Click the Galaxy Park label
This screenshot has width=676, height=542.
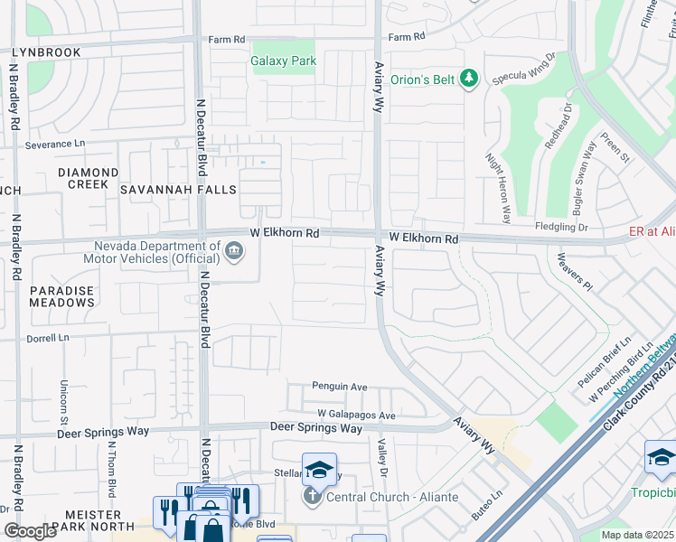click(x=283, y=61)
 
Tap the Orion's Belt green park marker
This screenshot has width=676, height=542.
click(x=468, y=79)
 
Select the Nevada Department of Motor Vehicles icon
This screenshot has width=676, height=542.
click(x=234, y=251)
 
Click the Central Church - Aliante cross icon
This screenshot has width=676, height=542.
click(x=312, y=496)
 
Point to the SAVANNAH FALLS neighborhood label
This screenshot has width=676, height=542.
click(x=178, y=190)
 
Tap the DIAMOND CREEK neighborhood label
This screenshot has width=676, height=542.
click(x=88, y=178)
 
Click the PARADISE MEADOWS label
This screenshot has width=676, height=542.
click(x=61, y=296)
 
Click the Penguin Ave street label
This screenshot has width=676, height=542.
click(x=340, y=387)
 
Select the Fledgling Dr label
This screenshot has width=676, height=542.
click(x=562, y=228)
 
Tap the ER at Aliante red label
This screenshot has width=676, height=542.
click(x=652, y=232)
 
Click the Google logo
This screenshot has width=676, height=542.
click(x=30, y=531)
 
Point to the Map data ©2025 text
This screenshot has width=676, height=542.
click(x=637, y=535)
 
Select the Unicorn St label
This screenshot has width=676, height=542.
click(x=64, y=401)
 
